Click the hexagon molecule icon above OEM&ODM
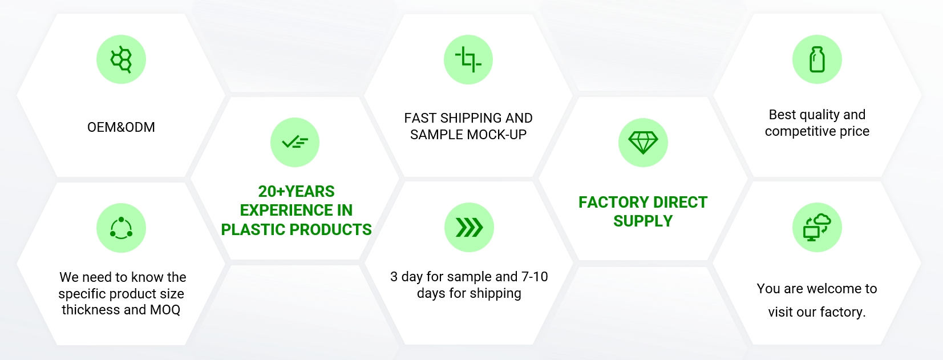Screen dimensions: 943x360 tap(122, 59)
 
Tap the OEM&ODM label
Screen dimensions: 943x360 tap(122, 127)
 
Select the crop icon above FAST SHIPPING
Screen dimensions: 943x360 tap(468, 59)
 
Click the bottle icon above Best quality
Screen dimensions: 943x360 tap(817, 59)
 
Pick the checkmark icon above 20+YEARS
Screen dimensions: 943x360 tap(295, 142)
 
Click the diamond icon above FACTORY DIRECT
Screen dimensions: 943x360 tap(643, 142)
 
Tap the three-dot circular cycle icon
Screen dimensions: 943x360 tap(122, 228)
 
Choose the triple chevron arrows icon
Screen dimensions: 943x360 tap(469, 228)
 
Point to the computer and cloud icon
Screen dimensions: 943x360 tap(817, 228)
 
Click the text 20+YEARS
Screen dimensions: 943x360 tap(297, 192)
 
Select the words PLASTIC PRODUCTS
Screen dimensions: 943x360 tap(297, 229)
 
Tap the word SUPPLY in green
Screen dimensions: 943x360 tap(643, 221)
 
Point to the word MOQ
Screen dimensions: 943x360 tap(165, 310)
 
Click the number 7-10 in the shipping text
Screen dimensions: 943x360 tap(535, 277)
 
